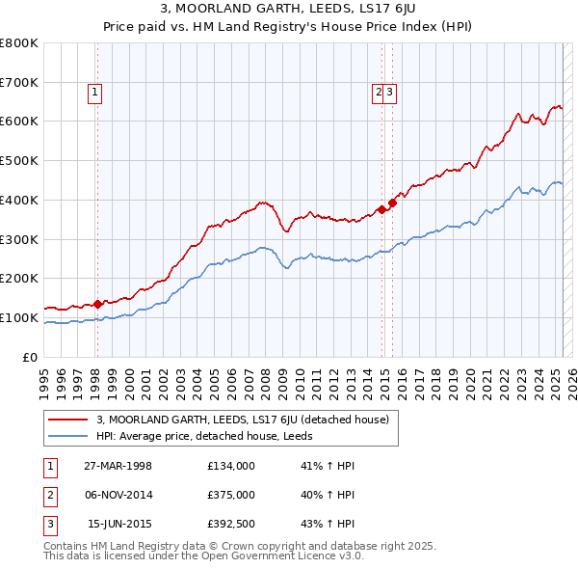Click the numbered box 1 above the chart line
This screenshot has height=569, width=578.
point(96,93)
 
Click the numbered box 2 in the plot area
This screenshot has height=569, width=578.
point(380,93)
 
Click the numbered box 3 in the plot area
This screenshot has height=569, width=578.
point(392,93)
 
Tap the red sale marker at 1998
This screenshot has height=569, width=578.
point(97,304)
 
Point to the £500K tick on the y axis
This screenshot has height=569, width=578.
point(21,160)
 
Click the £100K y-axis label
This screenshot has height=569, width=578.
point(21,317)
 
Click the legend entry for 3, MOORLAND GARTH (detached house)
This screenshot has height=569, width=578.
point(242,420)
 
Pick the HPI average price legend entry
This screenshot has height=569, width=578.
point(211,436)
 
